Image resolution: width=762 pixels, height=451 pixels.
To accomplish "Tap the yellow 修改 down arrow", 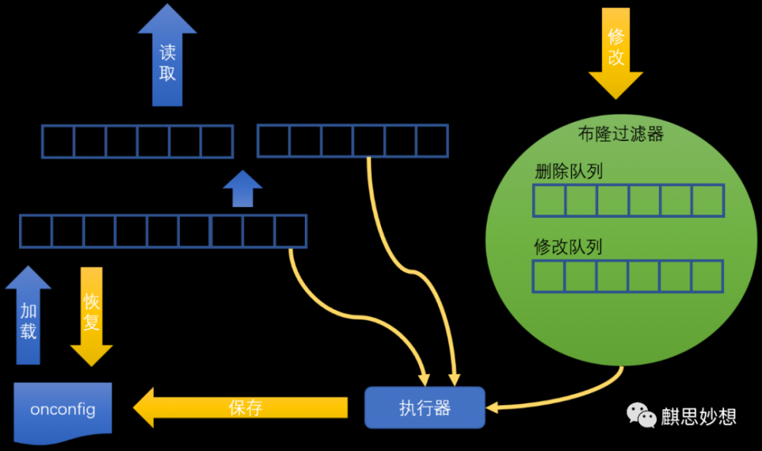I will click(616, 50).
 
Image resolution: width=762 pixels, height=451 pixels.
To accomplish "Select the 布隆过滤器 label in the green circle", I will click(621, 135).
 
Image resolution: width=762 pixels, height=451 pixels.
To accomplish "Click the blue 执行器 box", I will click(424, 408).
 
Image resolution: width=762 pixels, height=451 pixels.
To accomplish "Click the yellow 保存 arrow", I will click(244, 408).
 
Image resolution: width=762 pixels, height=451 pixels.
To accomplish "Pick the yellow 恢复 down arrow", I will click(91, 316).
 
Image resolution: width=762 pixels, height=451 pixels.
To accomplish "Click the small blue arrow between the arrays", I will click(242, 189).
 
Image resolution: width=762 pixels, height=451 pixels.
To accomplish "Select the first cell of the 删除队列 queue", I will click(549, 201).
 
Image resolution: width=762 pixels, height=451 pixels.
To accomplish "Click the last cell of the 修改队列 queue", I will click(707, 277).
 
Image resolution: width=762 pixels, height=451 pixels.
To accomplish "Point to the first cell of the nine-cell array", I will click(36, 231).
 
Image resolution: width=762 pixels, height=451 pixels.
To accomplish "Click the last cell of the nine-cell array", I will click(290, 231).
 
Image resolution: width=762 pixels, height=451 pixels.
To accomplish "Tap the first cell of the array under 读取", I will click(58, 142).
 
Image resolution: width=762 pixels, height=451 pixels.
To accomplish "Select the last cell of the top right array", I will click(432, 141).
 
